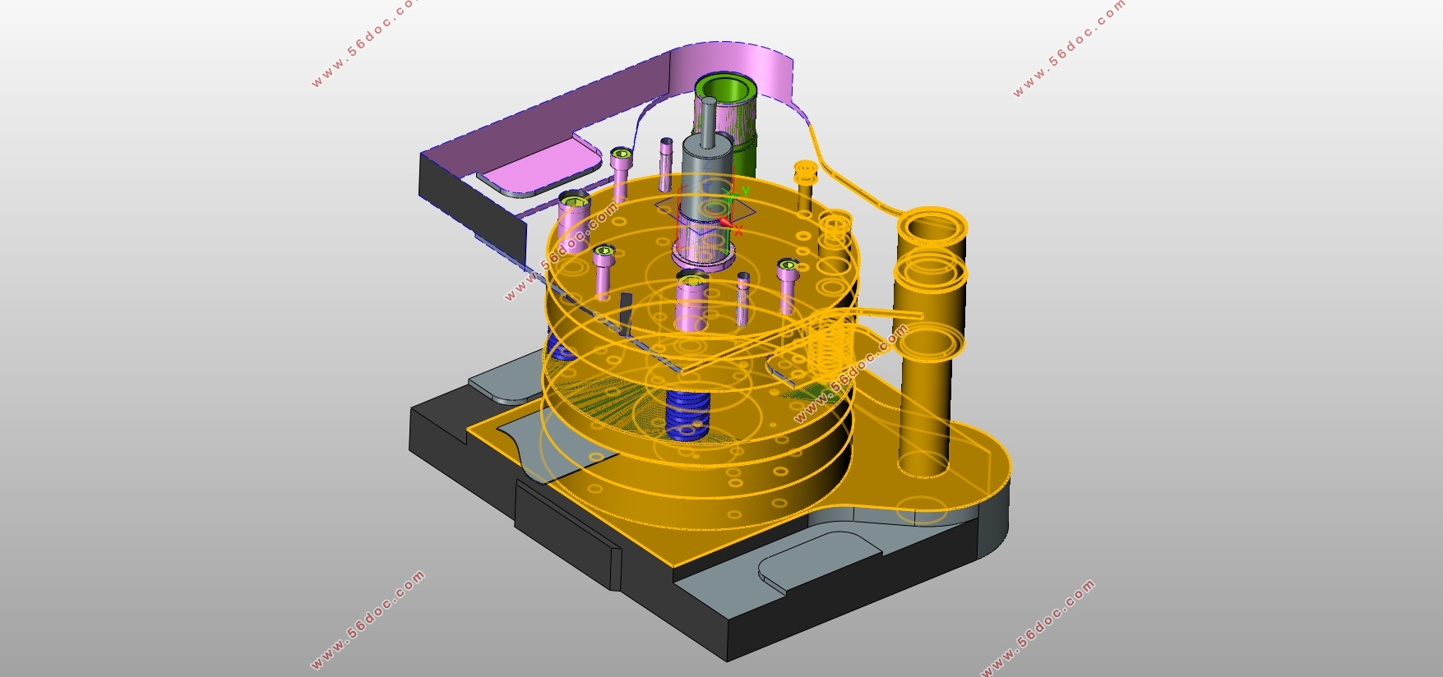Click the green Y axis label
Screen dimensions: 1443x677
click(x=745, y=192)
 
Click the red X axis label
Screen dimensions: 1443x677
click(x=738, y=232)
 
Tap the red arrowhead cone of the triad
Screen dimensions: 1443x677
click(x=726, y=221)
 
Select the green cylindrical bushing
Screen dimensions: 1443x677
click(x=731, y=123)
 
